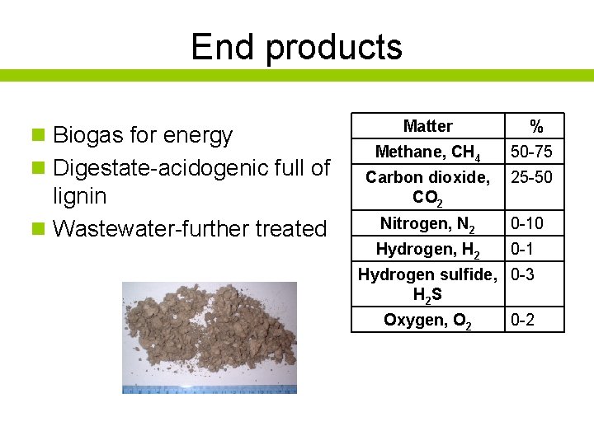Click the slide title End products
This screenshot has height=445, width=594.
click(x=296, y=47)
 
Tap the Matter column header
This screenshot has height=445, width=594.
click(x=427, y=126)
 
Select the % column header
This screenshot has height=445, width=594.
click(x=536, y=127)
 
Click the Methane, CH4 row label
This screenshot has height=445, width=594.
click(x=427, y=152)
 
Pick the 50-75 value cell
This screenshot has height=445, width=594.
click(x=532, y=152)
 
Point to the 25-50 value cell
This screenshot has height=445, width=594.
click(x=532, y=177)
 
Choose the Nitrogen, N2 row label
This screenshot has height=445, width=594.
click(x=427, y=223)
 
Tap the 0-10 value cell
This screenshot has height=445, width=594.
click(x=528, y=223)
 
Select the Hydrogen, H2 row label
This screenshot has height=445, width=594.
click(x=427, y=250)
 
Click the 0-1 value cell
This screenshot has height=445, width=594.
click(x=523, y=250)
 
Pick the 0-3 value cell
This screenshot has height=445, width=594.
click(x=523, y=274)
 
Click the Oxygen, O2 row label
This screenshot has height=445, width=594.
click(x=427, y=321)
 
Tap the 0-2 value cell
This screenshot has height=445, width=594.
click(x=523, y=320)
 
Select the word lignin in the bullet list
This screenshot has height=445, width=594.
click(x=79, y=196)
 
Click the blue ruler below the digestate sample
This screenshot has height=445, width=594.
click(x=210, y=389)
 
